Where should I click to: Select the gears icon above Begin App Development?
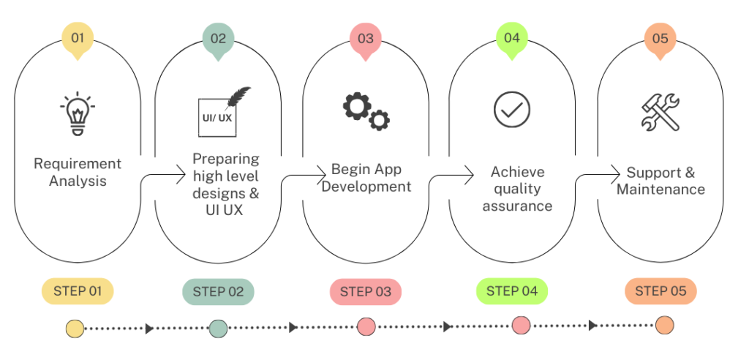tap(366, 111)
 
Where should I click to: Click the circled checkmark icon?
tap(511, 110)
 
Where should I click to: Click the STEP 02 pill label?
tap(218, 291)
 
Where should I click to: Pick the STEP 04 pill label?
tap(512, 290)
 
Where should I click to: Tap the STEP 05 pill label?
tap(660, 290)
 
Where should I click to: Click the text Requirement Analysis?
tap(78, 172)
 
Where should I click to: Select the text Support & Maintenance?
tap(660, 181)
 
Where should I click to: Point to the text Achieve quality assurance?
tap(517, 189)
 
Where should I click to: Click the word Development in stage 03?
tap(366, 187)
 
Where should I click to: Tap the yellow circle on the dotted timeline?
tap(75, 329)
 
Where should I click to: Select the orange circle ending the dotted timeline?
tap(664, 325)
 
